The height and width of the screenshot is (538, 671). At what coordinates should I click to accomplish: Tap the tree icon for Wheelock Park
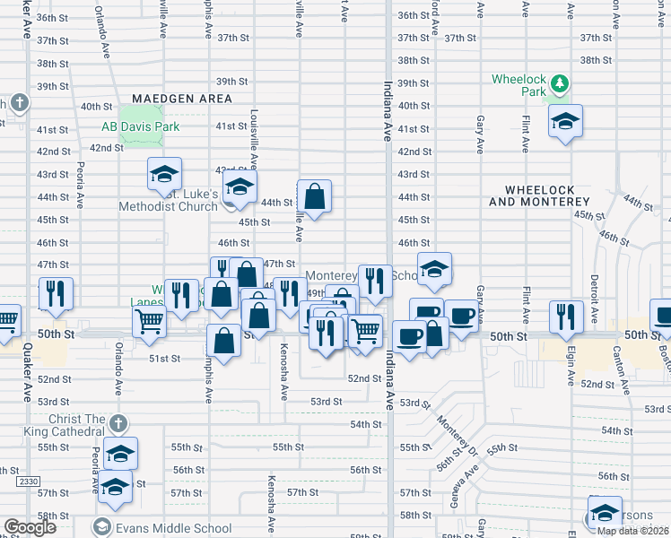pyautogui.click(x=560, y=83)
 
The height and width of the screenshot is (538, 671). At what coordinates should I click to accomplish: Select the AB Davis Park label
pyautogui.click(x=141, y=126)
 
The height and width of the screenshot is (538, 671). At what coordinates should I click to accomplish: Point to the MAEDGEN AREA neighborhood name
pyautogui.click(x=182, y=99)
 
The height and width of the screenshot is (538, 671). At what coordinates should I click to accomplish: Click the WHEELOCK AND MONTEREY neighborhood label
pyautogui.click(x=547, y=196)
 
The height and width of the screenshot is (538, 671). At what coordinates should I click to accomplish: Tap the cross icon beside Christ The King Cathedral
pyautogui.click(x=118, y=421)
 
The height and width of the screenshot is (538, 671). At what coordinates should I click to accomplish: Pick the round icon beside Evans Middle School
pyautogui.click(x=102, y=526)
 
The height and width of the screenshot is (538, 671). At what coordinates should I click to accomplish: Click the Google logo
pyautogui.click(x=30, y=527)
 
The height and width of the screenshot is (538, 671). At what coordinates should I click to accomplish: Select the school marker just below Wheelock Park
pyautogui.click(x=565, y=121)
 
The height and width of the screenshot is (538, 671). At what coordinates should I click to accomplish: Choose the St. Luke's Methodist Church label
pyautogui.click(x=170, y=198)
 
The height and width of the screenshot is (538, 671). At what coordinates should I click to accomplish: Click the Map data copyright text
pyautogui.click(x=632, y=531)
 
